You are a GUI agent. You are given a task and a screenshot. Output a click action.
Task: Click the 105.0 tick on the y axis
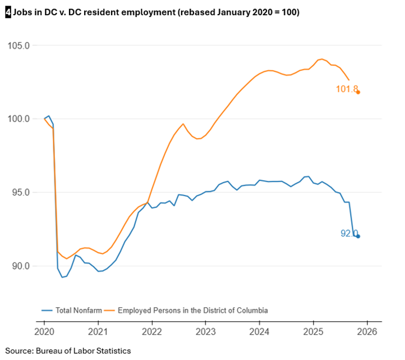point(18,45)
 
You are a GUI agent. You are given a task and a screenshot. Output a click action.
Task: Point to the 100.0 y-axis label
point(18,119)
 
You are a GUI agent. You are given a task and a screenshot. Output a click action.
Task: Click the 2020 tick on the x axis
point(44,332)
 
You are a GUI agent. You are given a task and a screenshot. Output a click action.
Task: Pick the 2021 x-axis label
point(98,332)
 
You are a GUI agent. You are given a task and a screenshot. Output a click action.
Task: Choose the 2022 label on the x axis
point(152,332)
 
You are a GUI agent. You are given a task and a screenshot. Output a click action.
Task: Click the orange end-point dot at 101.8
point(358,92)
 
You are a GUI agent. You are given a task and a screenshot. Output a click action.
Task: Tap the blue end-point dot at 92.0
point(358,236)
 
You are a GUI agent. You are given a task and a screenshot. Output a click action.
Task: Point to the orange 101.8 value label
point(346,89)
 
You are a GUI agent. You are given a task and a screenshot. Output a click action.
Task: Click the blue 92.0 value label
point(348,234)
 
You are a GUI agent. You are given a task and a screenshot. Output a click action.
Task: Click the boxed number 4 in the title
point(7,12)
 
